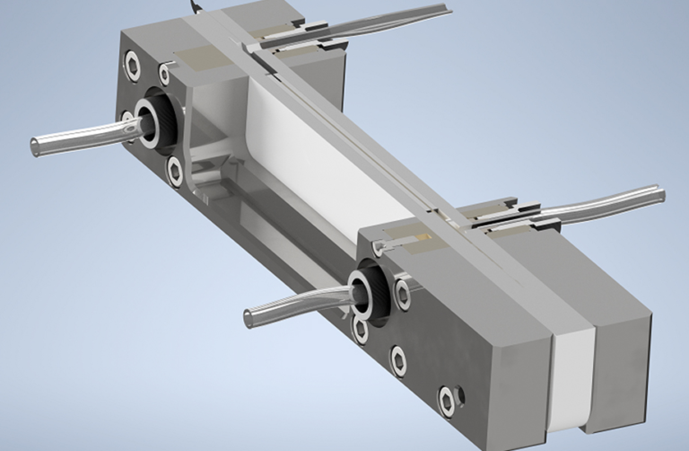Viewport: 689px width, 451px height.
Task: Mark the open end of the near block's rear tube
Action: [x=661, y=191]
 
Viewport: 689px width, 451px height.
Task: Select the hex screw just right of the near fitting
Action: [x=403, y=289]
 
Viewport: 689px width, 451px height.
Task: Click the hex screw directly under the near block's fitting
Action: [x=361, y=330]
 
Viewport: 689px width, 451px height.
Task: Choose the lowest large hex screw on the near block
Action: [x=445, y=399]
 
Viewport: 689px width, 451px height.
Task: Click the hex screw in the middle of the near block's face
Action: [x=398, y=360]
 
